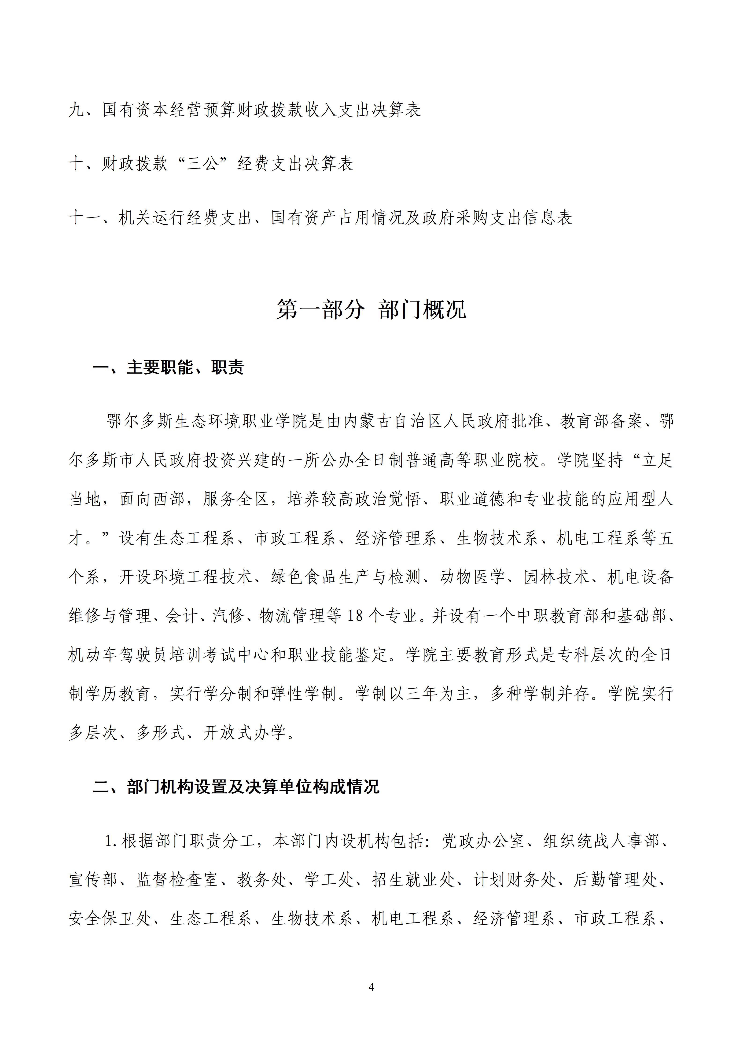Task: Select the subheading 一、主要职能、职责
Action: [169, 367]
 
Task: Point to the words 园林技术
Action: [556, 577]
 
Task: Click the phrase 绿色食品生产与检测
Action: [346, 577]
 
